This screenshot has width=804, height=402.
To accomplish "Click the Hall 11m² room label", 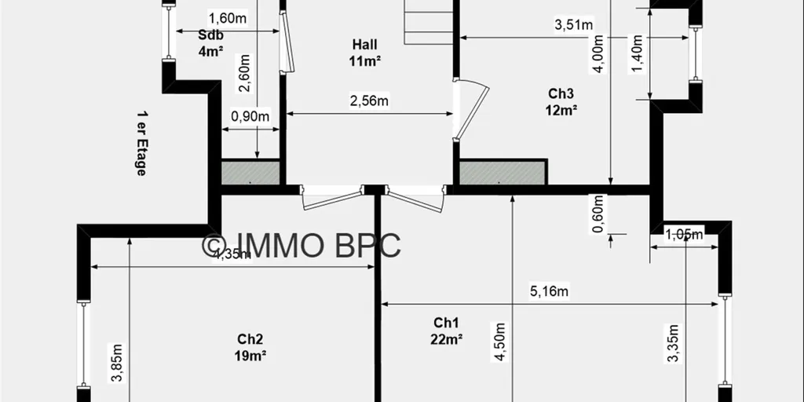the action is click(x=365, y=53).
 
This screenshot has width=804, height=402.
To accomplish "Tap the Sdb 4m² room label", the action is click(x=210, y=43).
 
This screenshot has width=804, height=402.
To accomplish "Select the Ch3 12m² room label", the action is click(x=561, y=101).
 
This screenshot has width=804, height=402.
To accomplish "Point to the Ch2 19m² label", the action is click(x=250, y=347).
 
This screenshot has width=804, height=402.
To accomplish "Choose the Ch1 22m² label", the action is click(x=447, y=331).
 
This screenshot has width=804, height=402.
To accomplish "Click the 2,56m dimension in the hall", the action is click(x=369, y=101).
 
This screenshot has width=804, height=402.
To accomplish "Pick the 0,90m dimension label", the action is click(x=250, y=116).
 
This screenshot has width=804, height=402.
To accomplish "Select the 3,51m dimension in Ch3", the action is click(x=574, y=24).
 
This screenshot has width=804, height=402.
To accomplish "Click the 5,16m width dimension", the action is click(x=549, y=291).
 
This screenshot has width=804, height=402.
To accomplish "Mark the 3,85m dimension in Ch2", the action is click(x=116, y=363).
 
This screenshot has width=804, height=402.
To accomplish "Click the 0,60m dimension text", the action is click(x=598, y=214).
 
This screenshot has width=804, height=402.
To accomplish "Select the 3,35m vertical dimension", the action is click(x=674, y=344).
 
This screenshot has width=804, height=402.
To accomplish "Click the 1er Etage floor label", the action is click(x=141, y=143).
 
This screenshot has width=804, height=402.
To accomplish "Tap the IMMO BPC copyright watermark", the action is click(x=301, y=245).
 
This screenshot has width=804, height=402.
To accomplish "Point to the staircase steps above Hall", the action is click(x=429, y=22).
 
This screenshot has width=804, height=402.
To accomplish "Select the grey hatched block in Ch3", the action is click(x=502, y=173).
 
